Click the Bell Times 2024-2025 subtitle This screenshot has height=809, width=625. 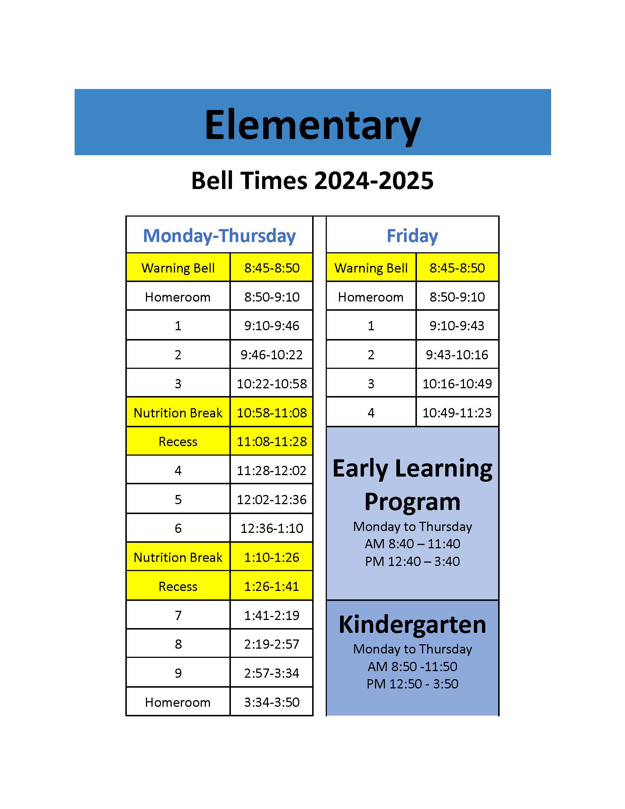coord(312,181)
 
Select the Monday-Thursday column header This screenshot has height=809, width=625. coord(219,236)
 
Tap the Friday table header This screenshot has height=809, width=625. coord(412,236)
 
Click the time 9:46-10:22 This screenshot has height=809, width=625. coord(271,355)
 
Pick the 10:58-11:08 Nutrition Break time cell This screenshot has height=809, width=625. coord(271,413)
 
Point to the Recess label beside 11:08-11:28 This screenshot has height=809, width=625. coord(178,442)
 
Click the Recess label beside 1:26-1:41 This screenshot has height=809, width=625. coord(178,587)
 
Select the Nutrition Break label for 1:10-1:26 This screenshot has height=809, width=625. coord(178,557)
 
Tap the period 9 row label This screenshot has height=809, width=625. coord(178,673)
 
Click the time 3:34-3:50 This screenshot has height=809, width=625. coord(271,702)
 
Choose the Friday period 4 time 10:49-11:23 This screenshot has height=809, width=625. coord(457,413)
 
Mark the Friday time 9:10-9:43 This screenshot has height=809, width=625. coord(457,325)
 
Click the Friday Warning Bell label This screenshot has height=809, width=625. coord(371,268)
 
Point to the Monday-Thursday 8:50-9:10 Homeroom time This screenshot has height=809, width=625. coord(271,297)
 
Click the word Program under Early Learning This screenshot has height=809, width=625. coord(412,502)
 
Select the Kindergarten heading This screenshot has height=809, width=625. coord(412,625)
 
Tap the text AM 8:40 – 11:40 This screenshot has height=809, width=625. coord(412,544)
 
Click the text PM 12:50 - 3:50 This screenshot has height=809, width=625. coord(412,684)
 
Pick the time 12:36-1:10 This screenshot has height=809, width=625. coord(271,528)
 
